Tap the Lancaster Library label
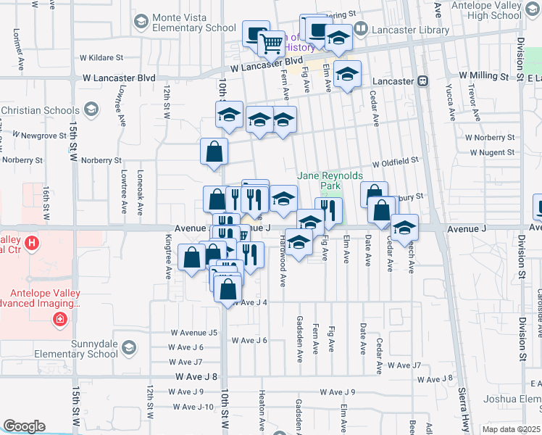click(409, 30)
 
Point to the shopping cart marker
click(272, 43)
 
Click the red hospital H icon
click(32, 243)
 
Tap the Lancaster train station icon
click(422, 81)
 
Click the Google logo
click(24, 426)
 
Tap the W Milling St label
click(483, 76)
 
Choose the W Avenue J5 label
click(193, 333)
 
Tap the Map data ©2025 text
click(510, 429)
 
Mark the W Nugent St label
click(492, 153)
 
